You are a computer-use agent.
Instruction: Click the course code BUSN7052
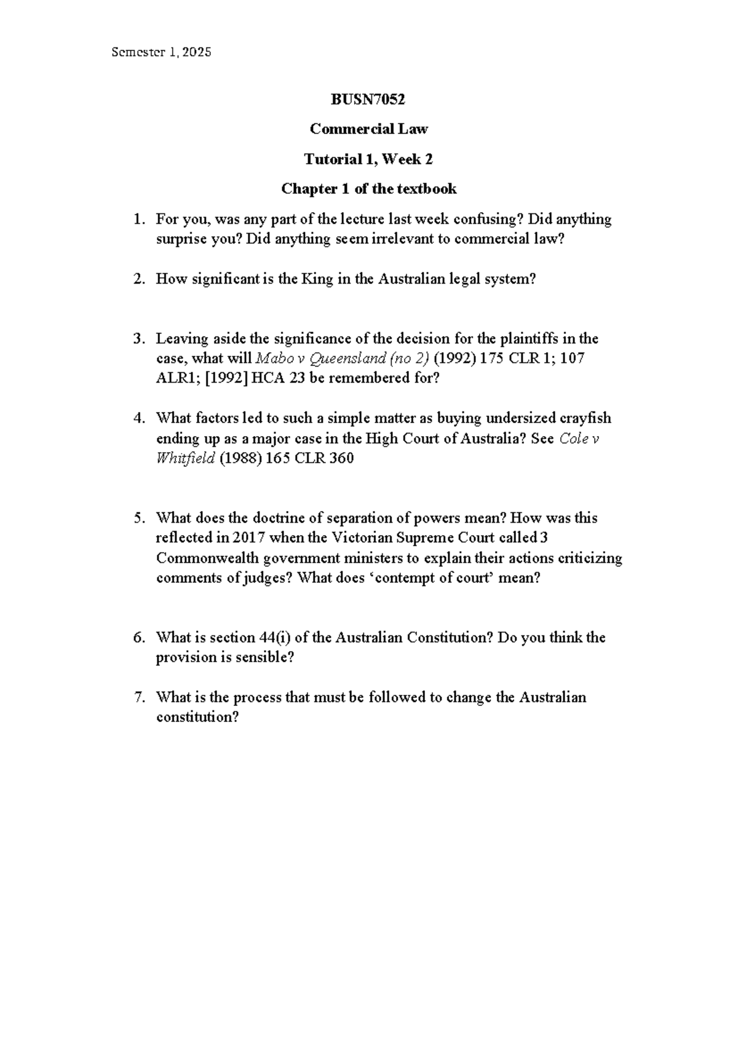point(368,99)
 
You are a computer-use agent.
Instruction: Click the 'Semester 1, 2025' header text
point(161,52)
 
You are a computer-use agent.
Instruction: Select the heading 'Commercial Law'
point(368,129)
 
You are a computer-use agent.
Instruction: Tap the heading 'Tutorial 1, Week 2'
point(368,159)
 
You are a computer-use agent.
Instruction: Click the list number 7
point(140,697)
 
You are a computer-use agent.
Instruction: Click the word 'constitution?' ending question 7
point(197,717)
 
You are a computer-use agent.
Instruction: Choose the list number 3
point(140,339)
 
